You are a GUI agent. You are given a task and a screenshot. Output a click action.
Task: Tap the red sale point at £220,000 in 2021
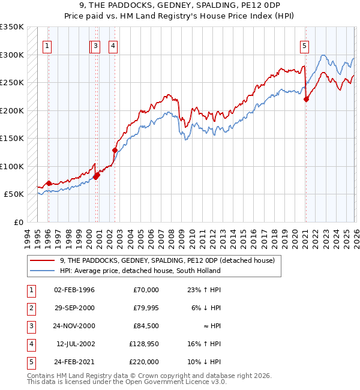[x=306, y=100]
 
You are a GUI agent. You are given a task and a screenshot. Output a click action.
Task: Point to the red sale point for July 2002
[x=115, y=150]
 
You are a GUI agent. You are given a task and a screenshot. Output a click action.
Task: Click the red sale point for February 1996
[x=49, y=183]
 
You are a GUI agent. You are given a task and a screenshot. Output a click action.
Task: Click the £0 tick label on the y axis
[x=17, y=222]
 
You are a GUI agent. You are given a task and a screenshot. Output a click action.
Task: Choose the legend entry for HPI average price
[x=140, y=271]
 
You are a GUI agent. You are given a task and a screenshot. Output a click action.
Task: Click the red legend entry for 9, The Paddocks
[x=167, y=260]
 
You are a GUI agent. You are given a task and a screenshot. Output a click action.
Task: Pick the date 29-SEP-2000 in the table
[x=74, y=308]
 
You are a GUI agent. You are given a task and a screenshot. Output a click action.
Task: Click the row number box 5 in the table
[x=31, y=362]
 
